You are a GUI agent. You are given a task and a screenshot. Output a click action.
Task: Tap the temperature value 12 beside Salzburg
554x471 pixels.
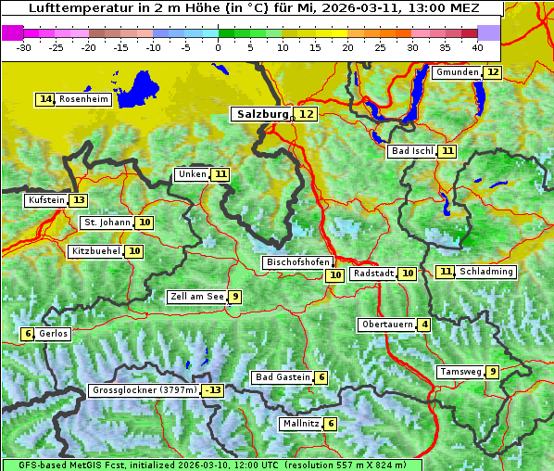pyautogui.click(x=307, y=114)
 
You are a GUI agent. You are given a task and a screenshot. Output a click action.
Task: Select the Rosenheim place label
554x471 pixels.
pyautogui.click(x=83, y=99)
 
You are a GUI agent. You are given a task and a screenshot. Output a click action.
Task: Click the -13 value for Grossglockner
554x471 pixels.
pyautogui.click(x=213, y=390)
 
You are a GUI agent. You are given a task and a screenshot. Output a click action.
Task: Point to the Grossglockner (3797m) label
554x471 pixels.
pyautogui.click(x=145, y=390)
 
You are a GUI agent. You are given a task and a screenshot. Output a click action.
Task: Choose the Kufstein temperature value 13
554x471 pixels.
pyautogui.click(x=79, y=200)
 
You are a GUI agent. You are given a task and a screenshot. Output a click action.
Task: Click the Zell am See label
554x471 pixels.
pyautogui.click(x=196, y=297)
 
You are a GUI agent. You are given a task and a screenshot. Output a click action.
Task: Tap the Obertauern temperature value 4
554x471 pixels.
pyautogui.click(x=423, y=325)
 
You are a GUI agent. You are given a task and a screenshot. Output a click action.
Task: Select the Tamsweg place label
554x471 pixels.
pyautogui.click(x=460, y=372)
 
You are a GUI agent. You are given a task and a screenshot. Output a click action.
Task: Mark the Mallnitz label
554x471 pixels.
pyautogui.click(x=300, y=424)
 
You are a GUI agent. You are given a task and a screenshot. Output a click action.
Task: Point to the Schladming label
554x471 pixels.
pyautogui.click(x=486, y=272)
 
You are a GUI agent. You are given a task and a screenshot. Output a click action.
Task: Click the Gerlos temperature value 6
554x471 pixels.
pyautogui.click(x=28, y=334)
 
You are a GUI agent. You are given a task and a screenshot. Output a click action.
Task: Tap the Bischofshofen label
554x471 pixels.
pyautogui.click(x=297, y=262)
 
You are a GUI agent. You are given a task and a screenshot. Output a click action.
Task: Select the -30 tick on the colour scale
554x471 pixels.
pyautogui.click(x=24, y=47)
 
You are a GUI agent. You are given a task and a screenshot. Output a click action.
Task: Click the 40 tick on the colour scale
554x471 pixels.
pyautogui.click(x=477, y=47)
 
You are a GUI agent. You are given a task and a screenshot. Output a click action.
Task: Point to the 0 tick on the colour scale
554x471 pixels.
pyautogui.click(x=219, y=47)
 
